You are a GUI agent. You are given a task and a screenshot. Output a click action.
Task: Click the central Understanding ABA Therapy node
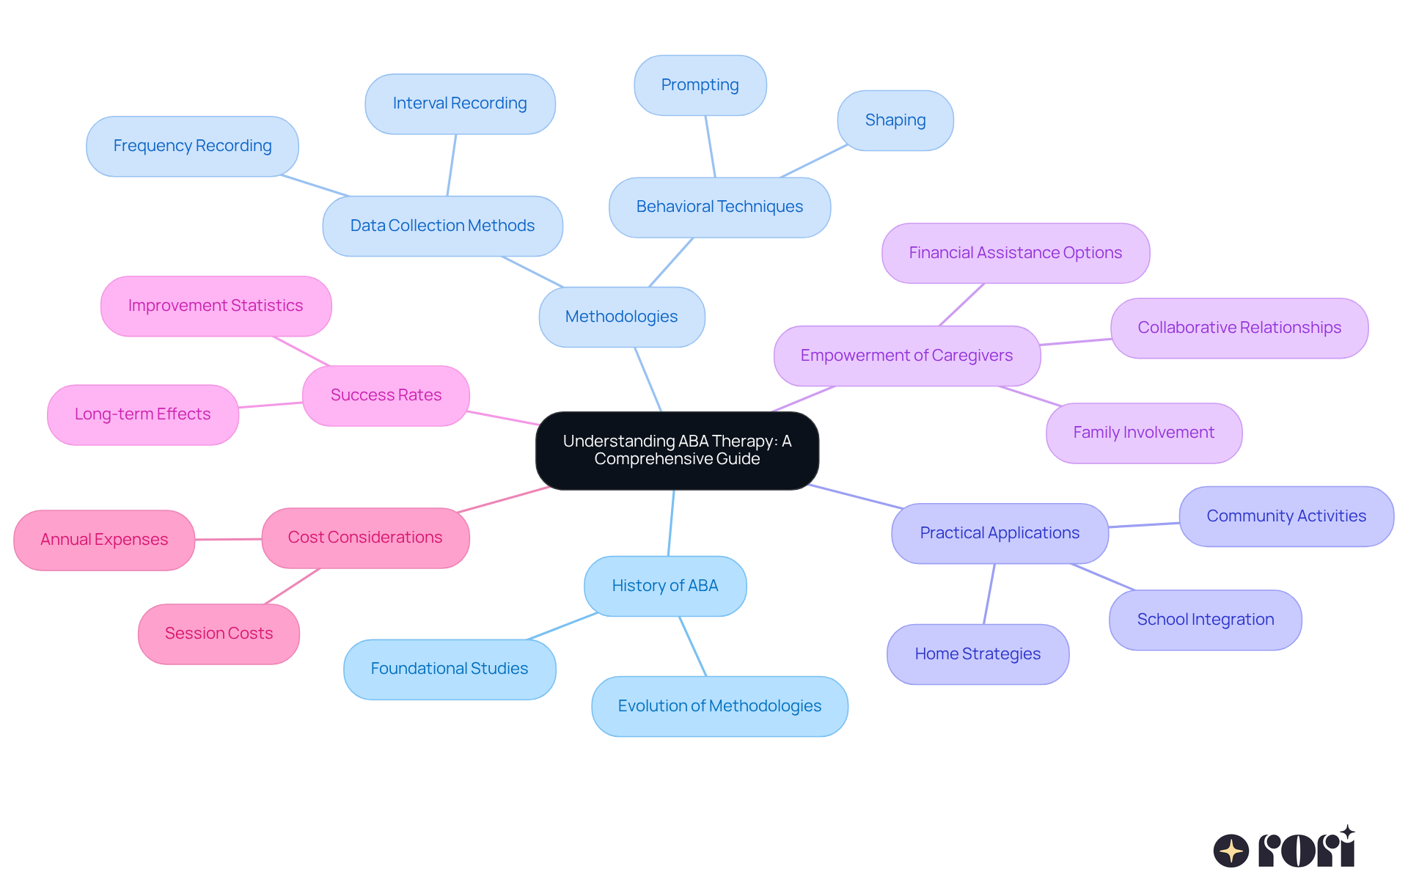click(677, 450)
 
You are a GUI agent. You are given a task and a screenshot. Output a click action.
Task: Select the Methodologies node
click(622, 317)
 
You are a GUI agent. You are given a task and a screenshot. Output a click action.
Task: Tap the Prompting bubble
click(700, 85)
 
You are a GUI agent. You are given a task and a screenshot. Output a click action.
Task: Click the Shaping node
click(895, 120)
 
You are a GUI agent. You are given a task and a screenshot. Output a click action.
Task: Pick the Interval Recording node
click(460, 103)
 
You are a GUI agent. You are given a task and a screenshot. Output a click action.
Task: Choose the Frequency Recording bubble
click(192, 146)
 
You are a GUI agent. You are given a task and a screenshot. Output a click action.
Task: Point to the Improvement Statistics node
click(216, 306)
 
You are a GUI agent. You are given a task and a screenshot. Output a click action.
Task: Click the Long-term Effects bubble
click(143, 414)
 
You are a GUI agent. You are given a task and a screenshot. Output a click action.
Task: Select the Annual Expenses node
click(104, 540)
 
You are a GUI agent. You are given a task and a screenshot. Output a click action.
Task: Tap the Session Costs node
click(219, 634)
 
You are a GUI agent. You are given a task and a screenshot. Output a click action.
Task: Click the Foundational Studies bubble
click(450, 669)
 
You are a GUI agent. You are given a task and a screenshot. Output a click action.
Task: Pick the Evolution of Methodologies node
click(719, 706)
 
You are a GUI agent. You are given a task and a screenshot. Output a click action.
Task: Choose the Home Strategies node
click(978, 654)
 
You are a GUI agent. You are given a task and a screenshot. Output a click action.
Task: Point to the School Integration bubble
click(1205, 620)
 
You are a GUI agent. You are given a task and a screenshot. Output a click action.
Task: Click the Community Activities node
click(1286, 516)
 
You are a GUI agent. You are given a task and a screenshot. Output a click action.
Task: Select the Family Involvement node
click(1143, 433)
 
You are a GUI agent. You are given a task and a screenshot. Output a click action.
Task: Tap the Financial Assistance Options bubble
click(1015, 253)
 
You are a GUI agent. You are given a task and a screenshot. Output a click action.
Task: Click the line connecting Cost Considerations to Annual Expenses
click(228, 539)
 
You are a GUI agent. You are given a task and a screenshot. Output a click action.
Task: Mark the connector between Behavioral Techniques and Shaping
click(814, 161)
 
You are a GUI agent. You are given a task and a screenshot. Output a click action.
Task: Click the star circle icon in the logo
click(1231, 851)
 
